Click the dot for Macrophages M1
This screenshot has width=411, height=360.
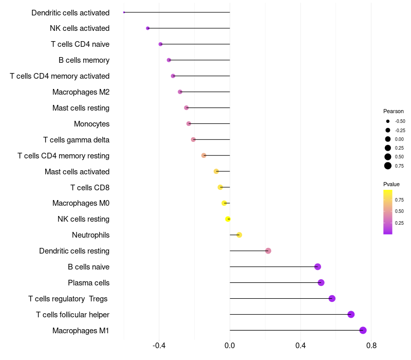click(x=363, y=330)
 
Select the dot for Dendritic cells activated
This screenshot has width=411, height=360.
click(x=124, y=12)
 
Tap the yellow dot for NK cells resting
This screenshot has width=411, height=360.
click(x=228, y=219)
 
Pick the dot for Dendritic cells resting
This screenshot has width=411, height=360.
click(x=268, y=251)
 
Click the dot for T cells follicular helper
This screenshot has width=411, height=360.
click(x=351, y=314)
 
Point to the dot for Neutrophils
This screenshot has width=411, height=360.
click(x=239, y=235)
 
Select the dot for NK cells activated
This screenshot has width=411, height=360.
click(x=148, y=28)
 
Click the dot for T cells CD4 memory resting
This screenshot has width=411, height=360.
click(x=203, y=156)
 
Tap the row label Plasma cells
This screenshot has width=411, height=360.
click(x=88, y=283)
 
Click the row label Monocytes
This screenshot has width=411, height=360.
click(x=92, y=124)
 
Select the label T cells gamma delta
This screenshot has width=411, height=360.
click(x=76, y=140)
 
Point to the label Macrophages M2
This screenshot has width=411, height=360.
click(x=81, y=92)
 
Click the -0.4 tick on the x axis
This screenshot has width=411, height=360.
click(x=159, y=346)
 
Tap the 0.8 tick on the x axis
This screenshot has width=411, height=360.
click(x=371, y=346)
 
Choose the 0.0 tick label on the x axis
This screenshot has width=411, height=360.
click(x=230, y=346)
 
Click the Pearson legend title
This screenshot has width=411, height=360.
click(x=394, y=111)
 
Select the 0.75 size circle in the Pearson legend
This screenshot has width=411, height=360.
click(x=388, y=166)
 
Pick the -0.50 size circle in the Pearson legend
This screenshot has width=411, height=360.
click(x=388, y=121)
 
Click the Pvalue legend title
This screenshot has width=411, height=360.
click(x=391, y=184)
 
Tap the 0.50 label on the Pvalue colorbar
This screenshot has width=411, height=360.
click(x=399, y=211)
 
